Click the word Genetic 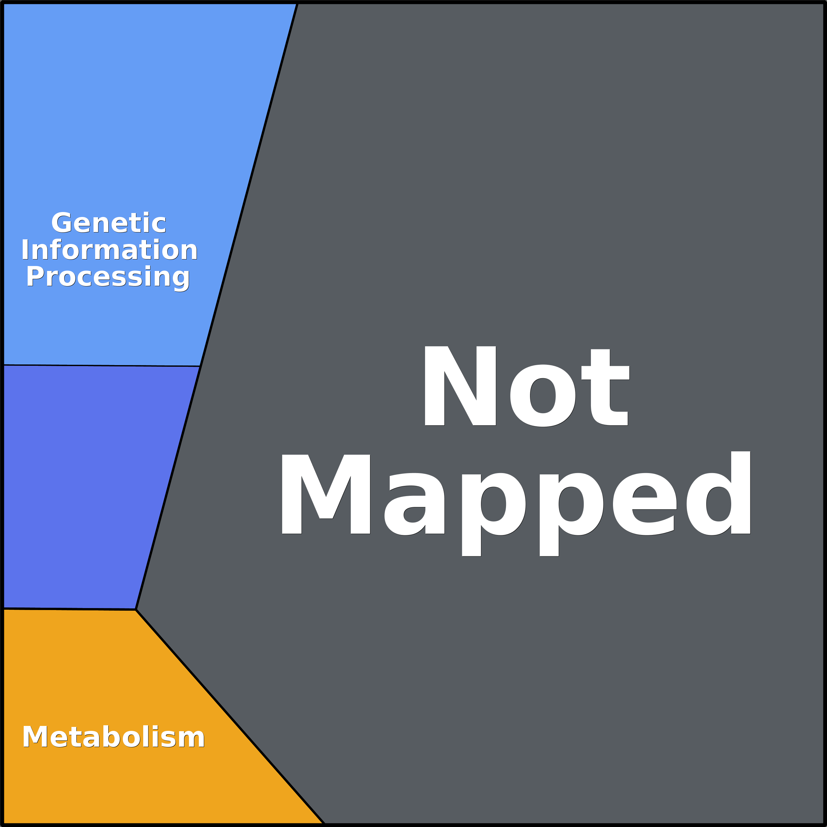click(109, 223)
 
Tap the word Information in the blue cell click(110, 250)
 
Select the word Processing click(108, 277)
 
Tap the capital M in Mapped click(326, 494)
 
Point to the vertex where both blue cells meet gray click(200, 366)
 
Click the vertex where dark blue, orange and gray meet click(136, 609)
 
